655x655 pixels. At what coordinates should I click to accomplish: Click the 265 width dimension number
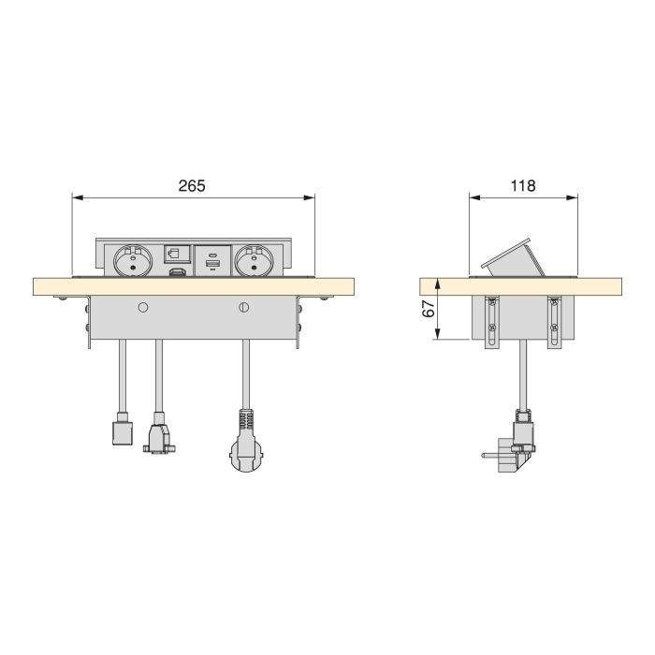pyautogui.click(x=192, y=185)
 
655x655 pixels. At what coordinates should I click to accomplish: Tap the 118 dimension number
pyautogui.click(x=523, y=185)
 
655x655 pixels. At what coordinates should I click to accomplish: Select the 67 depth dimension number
pyautogui.click(x=429, y=309)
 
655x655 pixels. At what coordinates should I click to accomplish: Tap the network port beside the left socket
pyautogui.click(x=174, y=253)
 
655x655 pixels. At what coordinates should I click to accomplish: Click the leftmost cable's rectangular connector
pyautogui.click(x=120, y=431)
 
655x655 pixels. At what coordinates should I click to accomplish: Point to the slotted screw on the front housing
pyautogui.click(x=245, y=306)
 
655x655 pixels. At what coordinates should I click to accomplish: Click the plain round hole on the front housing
pyautogui.click(x=143, y=306)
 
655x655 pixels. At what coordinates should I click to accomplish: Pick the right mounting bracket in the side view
pyautogui.click(x=554, y=324)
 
